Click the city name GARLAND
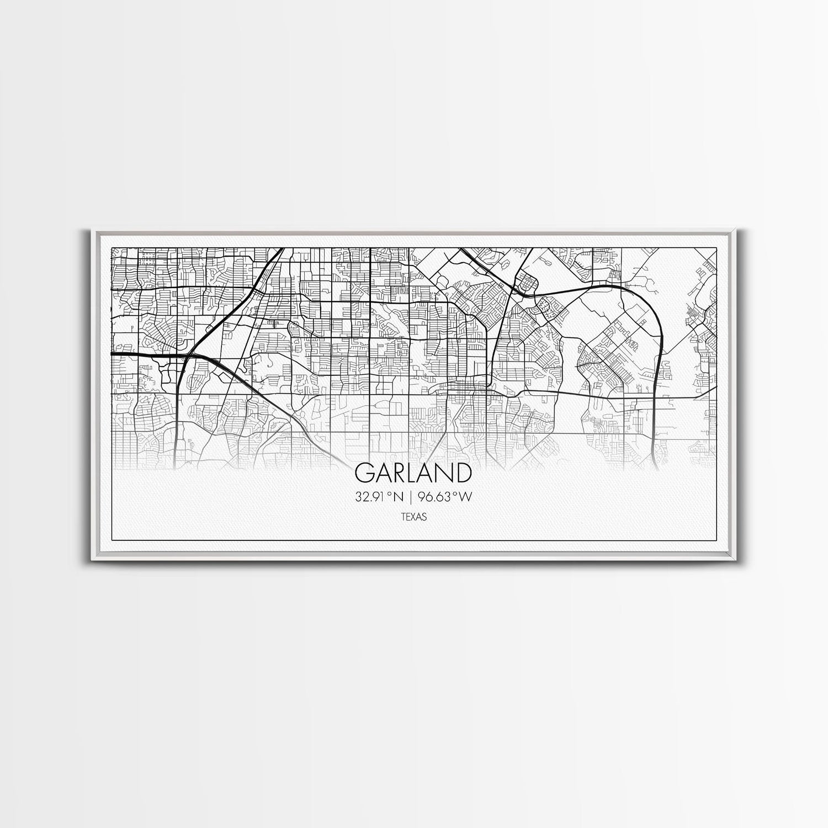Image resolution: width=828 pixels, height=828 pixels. pos(413,473)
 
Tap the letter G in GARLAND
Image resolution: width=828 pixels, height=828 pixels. pos(364,473)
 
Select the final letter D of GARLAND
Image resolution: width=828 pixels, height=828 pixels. pos(464,473)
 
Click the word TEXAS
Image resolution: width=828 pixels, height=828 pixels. pos(413,517)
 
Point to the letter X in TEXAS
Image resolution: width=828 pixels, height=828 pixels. pos(413,517)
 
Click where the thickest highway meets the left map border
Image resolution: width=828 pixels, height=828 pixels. pos(113,353)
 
